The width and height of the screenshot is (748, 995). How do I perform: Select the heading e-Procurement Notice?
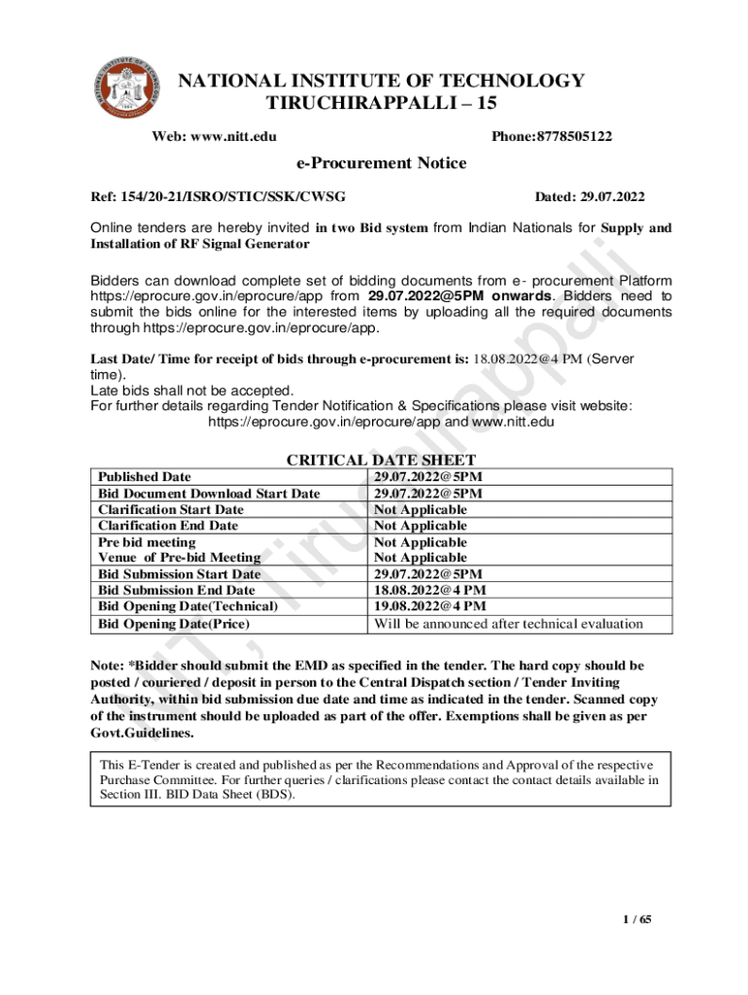[382, 163]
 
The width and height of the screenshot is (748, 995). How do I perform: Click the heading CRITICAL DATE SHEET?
[381, 460]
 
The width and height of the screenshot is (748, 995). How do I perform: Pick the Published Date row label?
[145, 477]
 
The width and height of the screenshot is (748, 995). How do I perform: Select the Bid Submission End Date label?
[177, 590]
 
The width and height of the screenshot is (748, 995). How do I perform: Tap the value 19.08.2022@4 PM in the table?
[430, 606]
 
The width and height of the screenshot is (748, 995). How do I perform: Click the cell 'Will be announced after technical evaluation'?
[508, 623]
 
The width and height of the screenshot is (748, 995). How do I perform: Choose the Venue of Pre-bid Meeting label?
[180, 558]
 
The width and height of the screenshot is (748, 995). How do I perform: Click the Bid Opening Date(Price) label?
[174, 623]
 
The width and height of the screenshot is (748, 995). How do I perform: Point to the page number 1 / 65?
[637, 920]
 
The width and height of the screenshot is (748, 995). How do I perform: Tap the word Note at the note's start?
[106, 666]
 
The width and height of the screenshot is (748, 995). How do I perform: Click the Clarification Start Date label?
[171, 509]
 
